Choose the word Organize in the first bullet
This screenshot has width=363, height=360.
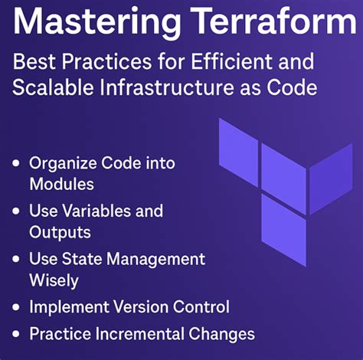point(61,163)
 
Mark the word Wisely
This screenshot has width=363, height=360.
point(54,280)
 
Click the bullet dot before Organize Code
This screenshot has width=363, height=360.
point(17,164)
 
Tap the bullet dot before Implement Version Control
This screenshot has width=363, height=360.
point(17,308)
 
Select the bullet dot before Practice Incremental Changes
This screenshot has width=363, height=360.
point(17,335)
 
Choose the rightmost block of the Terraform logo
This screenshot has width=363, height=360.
point(330,177)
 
